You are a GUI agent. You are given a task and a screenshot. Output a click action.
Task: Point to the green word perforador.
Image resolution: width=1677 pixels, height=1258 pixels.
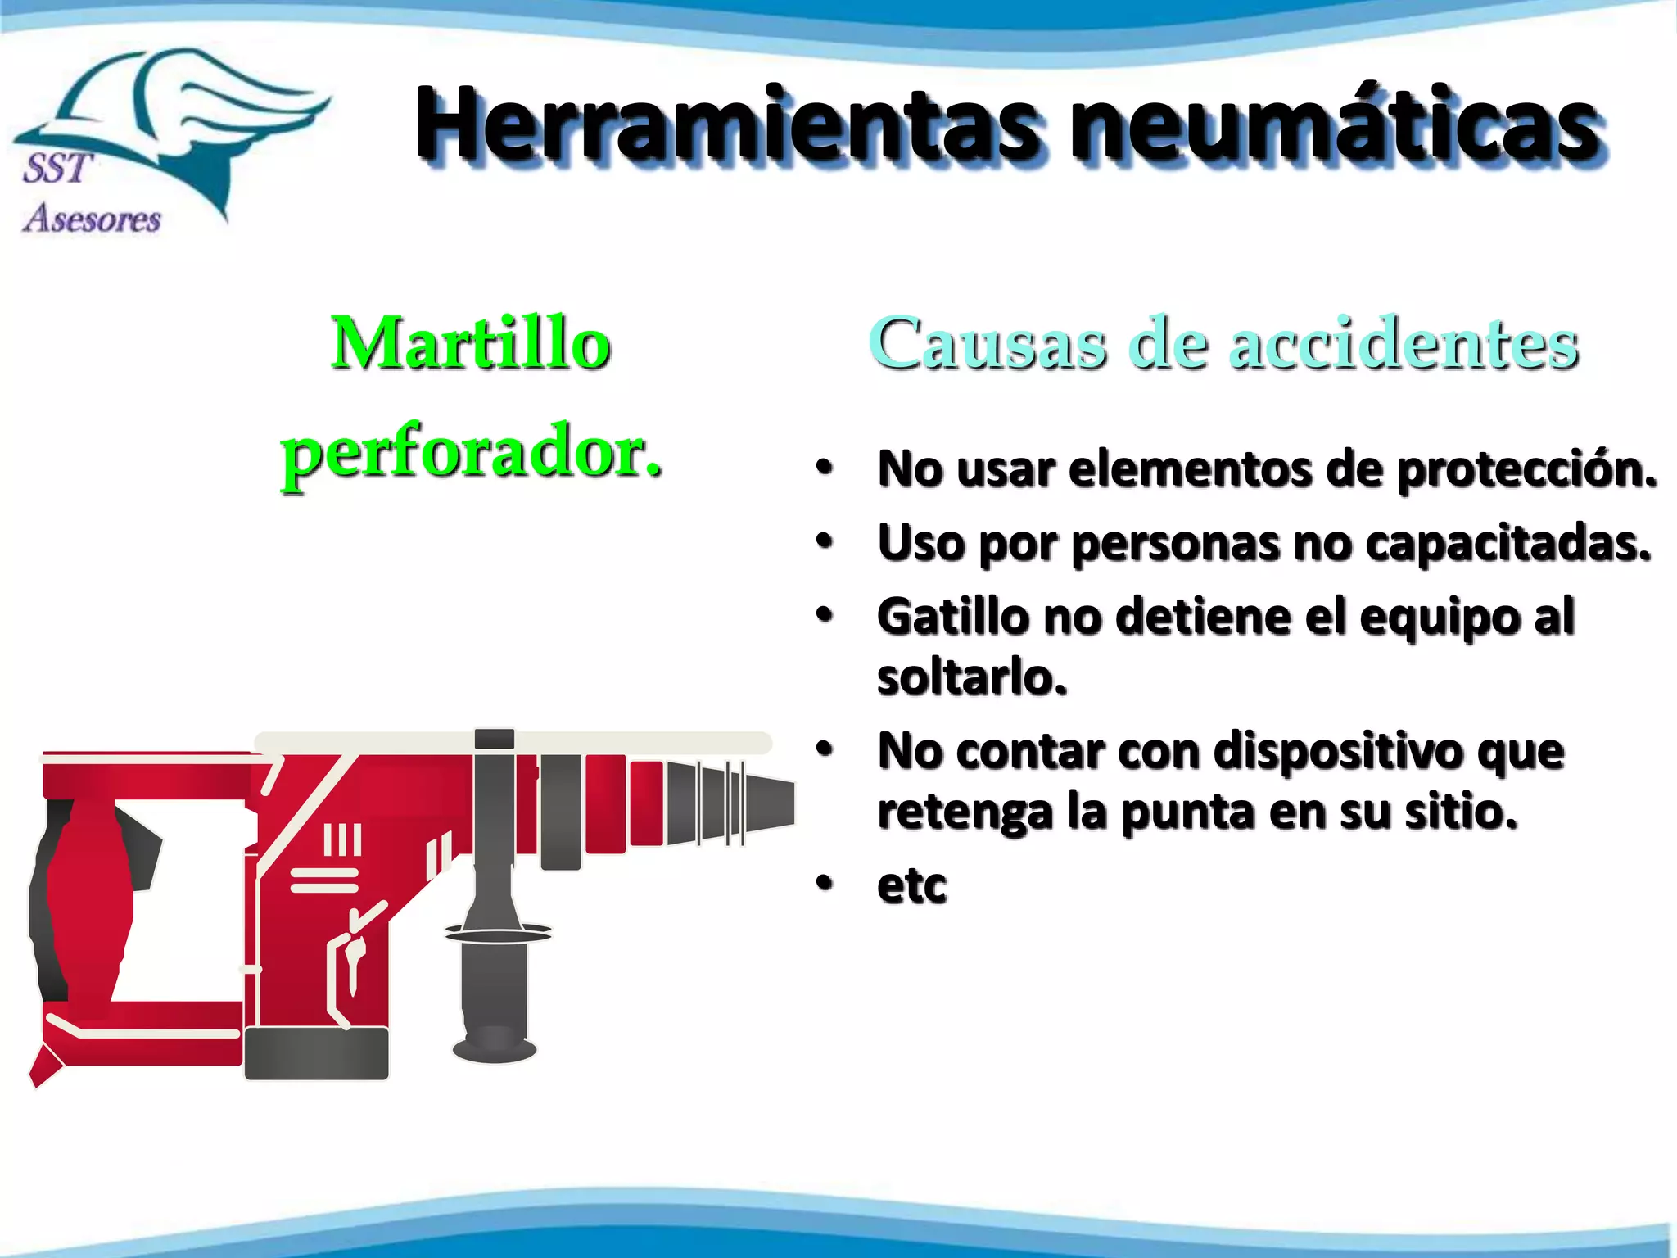[x=471, y=455]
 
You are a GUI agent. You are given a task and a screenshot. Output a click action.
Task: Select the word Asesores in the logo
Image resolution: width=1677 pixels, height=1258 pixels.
[x=92, y=219]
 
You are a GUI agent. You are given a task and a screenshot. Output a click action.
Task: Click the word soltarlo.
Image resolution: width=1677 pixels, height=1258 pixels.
[x=972, y=677]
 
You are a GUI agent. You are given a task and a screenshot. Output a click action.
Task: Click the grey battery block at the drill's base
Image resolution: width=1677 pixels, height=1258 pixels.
[x=317, y=1053]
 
